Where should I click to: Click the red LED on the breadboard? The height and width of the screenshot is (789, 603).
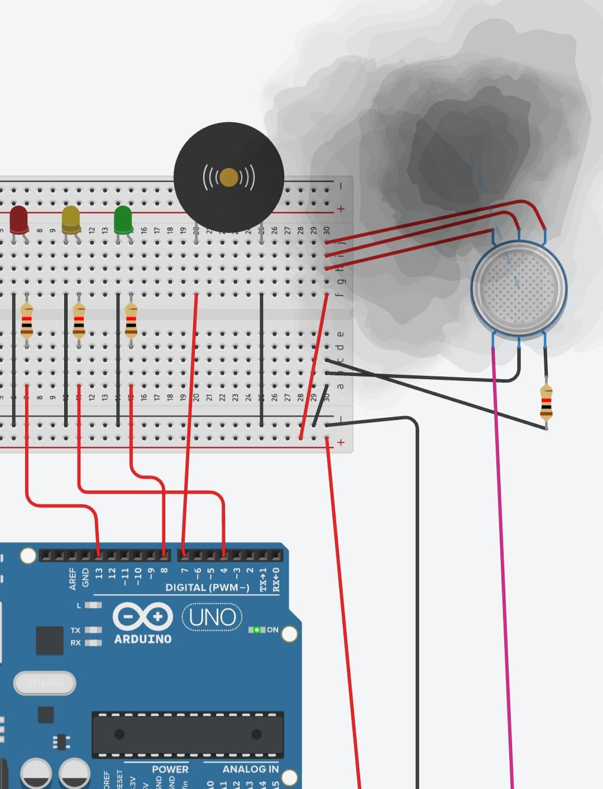tap(18, 219)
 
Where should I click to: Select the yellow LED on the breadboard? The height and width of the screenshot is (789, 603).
tap(71, 219)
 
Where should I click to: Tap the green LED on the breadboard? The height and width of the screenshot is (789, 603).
tap(123, 219)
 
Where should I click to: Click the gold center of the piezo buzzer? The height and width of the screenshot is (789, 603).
tap(229, 178)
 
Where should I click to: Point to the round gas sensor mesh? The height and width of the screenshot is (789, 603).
tap(519, 288)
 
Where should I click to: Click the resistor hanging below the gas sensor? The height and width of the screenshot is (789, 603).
tap(546, 402)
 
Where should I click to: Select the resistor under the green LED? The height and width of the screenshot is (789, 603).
tap(131, 321)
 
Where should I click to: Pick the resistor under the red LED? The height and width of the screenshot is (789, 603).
tap(26, 321)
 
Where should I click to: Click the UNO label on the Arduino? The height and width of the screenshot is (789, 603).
tap(212, 617)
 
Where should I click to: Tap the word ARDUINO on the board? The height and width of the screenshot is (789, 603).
tap(142, 639)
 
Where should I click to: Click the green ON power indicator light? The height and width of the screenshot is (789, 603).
tap(257, 630)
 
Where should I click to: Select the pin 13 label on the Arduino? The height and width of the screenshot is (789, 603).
tap(99, 573)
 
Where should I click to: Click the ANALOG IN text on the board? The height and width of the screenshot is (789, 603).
tap(250, 769)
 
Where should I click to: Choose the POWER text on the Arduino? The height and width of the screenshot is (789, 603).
tap(170, 769)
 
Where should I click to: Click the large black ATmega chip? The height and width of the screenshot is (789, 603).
tap(188, 734)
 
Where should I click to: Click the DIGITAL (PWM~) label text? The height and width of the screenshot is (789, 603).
tap(207, 587)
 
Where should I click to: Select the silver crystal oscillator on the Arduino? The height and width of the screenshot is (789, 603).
tap(45, 683)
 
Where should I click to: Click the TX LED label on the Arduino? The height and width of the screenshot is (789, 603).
tap(75, 630)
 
